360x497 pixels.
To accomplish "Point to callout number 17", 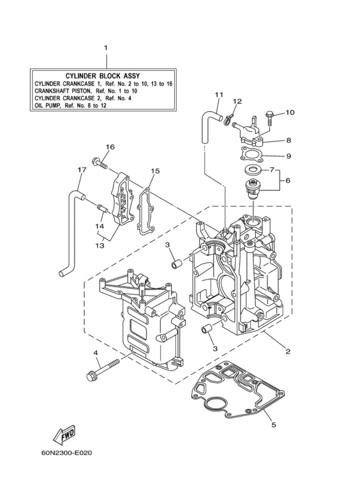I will (x=82, y=170).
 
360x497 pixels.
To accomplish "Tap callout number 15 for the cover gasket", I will (x=154, y=171).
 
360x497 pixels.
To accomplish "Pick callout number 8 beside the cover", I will (x=289, y=140).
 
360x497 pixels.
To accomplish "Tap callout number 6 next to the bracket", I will (x=288, y=181).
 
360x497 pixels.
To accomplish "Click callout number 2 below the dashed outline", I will (x=287, y=351).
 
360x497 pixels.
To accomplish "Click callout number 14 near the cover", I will (x=100, y=226).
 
